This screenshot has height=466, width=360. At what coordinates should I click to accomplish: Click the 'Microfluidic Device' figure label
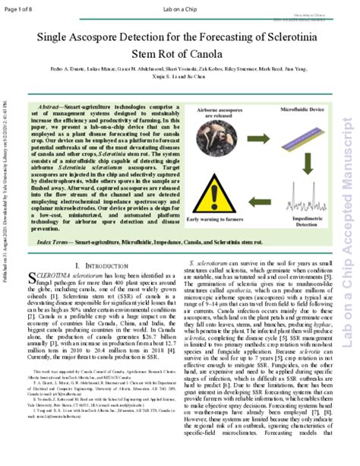[x=291, y=111]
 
